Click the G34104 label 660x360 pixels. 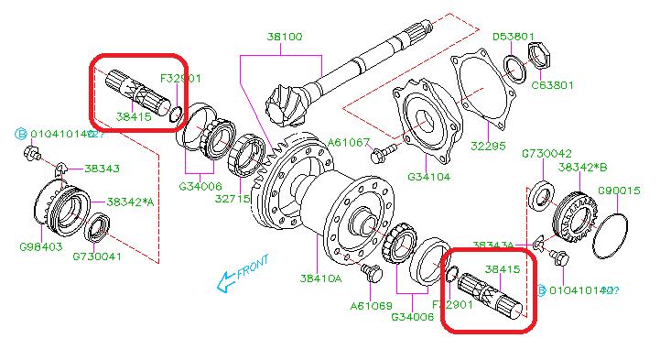tap(429, 176)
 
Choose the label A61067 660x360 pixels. tap(351, 142)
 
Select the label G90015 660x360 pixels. tap(619, 191)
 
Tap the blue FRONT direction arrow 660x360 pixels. tap(223, 285)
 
